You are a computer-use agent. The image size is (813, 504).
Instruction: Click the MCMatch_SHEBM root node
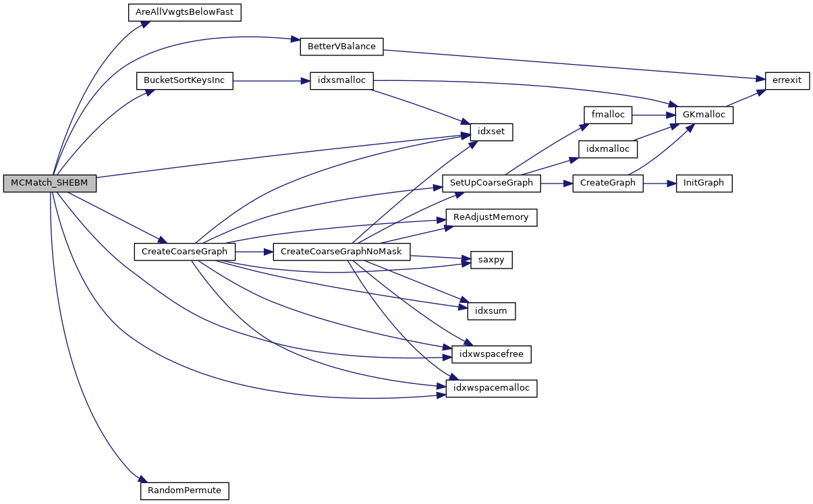point(50,184)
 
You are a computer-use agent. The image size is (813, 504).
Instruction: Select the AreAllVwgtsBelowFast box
point(185,12)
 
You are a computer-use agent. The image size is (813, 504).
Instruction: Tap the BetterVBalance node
point(341,47)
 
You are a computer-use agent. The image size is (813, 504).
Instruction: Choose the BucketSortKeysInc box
point(184,80)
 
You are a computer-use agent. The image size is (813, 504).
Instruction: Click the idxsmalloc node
point(341,80)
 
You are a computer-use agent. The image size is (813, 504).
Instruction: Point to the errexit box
point(787,80)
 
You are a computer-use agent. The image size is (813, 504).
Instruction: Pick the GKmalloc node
point(704,115)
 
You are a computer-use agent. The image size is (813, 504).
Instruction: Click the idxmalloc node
point(608,149)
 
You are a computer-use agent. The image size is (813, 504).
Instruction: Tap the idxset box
point(490,132)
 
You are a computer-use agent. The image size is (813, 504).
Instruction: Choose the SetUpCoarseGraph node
point(491,184)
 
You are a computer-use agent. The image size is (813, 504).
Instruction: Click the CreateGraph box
point(608,184)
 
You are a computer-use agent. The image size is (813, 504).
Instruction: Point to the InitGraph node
point(704,184)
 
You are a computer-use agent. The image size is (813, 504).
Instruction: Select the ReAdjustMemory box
point(491,218)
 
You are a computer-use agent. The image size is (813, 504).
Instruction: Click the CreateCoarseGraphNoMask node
point(341,252)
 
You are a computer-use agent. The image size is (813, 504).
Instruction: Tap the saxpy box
point(491,260)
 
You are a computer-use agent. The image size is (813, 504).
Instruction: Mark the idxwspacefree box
point(491,354)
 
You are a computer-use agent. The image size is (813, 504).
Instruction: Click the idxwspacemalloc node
point(491,388)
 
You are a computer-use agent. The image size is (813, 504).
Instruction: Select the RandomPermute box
point(184,490)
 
